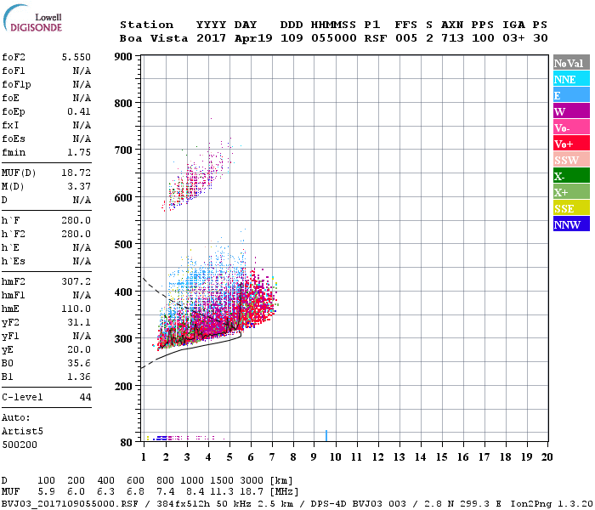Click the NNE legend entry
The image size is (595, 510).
coord(571,79)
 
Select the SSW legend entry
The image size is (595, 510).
coord(571,160)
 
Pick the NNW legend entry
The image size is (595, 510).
coord(571,224)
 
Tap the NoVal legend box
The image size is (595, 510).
coord(571,63)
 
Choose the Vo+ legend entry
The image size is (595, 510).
coord(571,144)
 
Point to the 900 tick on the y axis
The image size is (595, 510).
coord(124,57)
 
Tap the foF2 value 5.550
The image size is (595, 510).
coord(76,57)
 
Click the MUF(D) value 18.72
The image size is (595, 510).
coord(76,172)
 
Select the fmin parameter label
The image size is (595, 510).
coord(14,152)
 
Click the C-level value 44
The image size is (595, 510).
coord(85,397)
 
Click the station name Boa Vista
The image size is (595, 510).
coord(148,38)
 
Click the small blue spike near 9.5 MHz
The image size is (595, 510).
coord(326,436)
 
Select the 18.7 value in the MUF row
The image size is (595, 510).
coord(255,491)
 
